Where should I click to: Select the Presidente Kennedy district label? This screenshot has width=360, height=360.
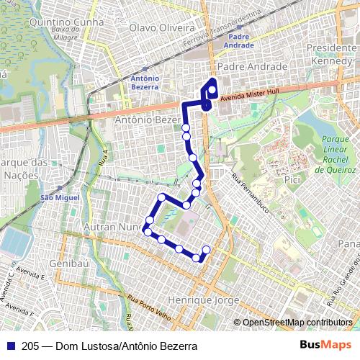pyautogui.click(x=333, y=53)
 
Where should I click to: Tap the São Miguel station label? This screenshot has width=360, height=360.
pyautogui.click(x=58, y=197)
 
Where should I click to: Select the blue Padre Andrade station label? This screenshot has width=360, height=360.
pyautogui.click(x=240, y=40)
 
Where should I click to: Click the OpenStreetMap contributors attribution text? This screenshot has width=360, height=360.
pyautogui.click(x=297, y=323)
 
